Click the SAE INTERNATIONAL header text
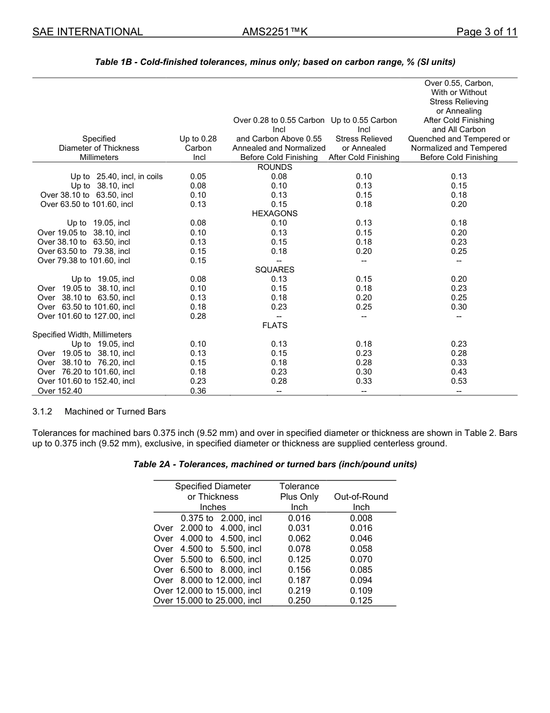[87, 32]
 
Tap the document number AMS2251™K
[274, 32]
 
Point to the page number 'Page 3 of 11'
[486, 32]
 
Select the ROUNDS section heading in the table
[274, 167]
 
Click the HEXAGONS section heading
[274, 213]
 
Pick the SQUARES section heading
[274, 270]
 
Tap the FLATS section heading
[274, 325]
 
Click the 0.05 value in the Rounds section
[198, 176]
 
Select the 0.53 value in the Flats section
[459, 381]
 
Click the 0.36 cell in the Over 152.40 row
[198, 391]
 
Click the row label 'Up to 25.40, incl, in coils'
[116, 176]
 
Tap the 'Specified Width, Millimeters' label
[82, 334]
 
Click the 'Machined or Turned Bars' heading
[115, 412]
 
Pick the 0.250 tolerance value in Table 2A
[299, 601]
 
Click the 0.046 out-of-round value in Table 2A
[361, 539]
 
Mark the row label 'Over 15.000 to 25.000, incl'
[207, 601]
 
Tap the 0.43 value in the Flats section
[459, 372]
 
